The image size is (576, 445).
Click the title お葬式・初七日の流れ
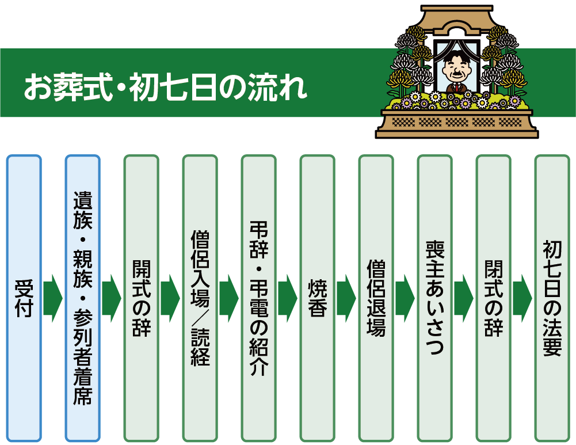pos(165,88)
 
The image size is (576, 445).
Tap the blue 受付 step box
pos(24,298)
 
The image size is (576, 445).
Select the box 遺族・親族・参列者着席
pos(83,298)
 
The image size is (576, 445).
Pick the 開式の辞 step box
pos(142,298)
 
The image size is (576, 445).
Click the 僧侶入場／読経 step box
pos(200,298)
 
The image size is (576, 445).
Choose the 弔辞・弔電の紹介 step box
pos(258,298)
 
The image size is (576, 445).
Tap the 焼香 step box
pos(318,298)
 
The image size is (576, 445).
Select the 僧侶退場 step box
pos(376,298)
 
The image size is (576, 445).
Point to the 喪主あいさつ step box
pos(435,298)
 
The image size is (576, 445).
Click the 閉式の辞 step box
pos(494,298)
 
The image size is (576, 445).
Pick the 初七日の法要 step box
pos(552,298)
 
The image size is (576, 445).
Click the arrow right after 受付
pos(53,298)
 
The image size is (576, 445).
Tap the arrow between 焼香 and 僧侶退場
pos(346,298)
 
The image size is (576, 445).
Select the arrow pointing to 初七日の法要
pos(522,298)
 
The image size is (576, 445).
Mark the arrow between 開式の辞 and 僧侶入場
pos(170,298)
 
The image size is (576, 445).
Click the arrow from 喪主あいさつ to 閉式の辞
pos(464,298)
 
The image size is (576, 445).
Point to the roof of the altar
pos(457,17)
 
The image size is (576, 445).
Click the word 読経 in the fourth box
pos(200,347)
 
